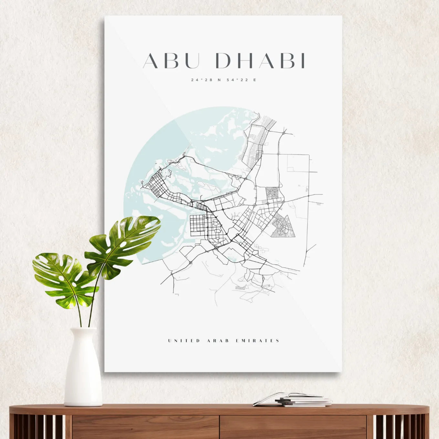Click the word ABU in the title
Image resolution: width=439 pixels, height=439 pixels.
[171, 61]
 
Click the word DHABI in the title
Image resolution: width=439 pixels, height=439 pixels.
[260, 61]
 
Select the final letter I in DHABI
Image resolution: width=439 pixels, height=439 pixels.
[303, 61]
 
